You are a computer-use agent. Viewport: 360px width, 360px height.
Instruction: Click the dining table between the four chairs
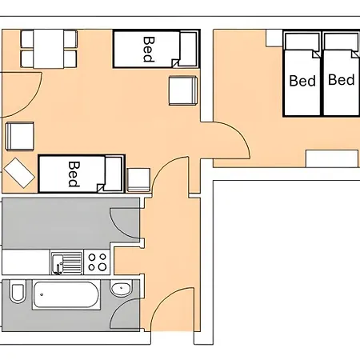49,49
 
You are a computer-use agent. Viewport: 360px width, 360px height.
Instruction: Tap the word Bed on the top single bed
149,50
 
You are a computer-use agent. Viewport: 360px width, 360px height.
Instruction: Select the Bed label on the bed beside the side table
74,174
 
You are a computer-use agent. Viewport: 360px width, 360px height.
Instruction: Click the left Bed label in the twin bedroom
302,81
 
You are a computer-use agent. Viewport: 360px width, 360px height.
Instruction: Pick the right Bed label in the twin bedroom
342,80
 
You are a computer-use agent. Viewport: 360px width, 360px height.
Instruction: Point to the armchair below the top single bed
183,90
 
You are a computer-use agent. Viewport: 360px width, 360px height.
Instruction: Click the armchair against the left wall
20,136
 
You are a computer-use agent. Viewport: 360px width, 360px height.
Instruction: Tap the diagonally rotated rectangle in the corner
19,173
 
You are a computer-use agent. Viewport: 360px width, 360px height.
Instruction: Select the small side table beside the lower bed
138,180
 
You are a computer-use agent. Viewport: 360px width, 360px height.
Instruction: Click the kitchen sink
67,263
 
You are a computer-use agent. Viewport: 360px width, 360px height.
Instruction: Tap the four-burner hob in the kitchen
97,262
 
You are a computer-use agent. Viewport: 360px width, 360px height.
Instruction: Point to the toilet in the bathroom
18,293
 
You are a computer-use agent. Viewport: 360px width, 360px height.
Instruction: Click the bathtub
66,294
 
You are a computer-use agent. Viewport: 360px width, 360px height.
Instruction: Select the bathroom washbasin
122,288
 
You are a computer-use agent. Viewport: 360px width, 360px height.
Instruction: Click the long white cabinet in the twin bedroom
332,158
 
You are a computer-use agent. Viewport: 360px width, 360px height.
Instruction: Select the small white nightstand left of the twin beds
274,38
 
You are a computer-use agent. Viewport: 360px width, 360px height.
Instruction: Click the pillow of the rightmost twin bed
342,42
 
